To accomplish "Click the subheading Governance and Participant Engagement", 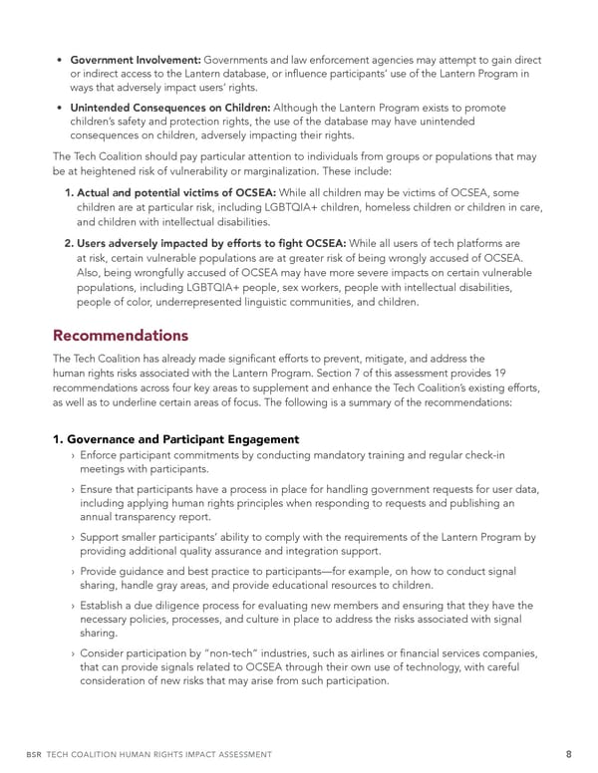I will click(x=176, y=439).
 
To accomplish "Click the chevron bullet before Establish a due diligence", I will click(x=74, y=605).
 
